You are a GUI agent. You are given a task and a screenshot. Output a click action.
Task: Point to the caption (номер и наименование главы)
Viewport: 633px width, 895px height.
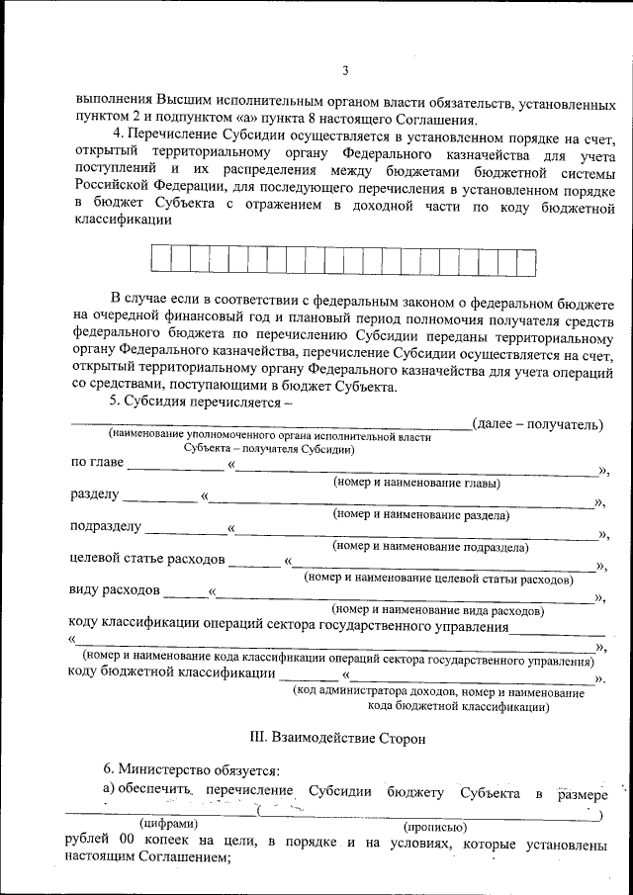point(416,484)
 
